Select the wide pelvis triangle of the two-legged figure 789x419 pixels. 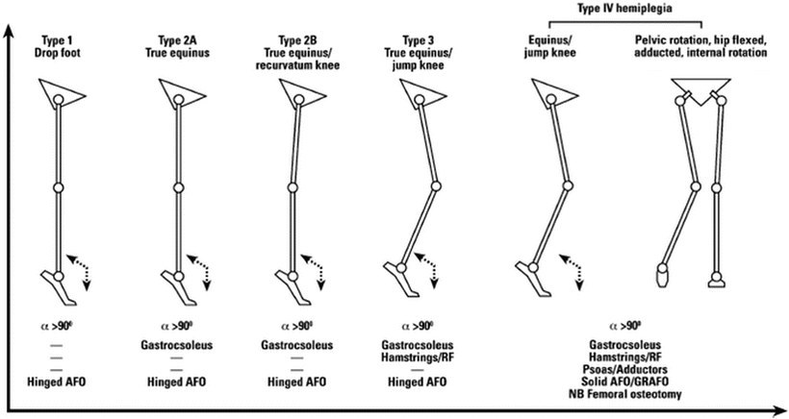click(x=700, y=86)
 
